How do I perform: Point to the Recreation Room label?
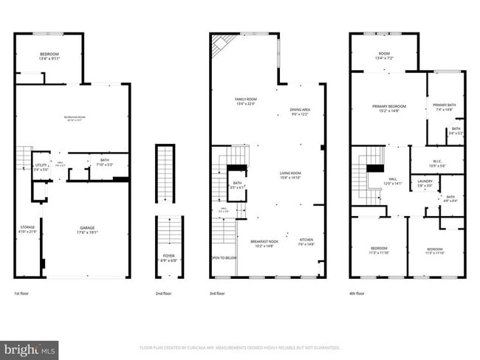74,120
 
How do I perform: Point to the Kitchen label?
306,242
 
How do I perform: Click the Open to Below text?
224,258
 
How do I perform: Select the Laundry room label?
425,183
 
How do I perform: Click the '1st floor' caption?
21,294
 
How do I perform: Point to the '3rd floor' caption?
218,294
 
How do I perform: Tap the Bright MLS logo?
30,349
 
